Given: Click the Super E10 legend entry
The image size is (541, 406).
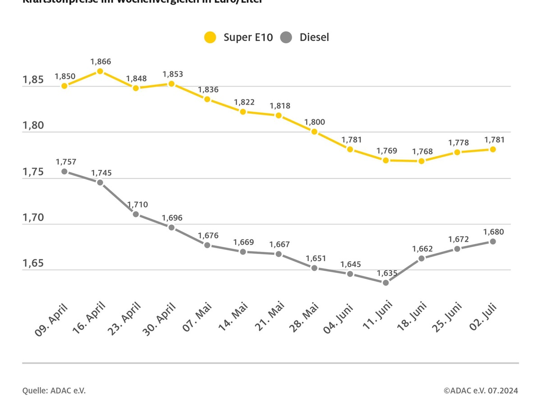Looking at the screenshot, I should click(x=239, y=37).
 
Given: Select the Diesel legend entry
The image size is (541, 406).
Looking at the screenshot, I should click(x=305, y=37).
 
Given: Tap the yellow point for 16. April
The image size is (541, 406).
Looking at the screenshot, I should click(x=100, y=71).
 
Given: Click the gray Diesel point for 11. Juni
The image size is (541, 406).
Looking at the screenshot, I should click(x=386, y=282).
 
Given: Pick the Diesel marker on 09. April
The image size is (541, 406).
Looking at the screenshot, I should click(x=64, y=171).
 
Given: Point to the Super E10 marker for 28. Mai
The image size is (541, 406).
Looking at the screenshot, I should click(x=314, y=132).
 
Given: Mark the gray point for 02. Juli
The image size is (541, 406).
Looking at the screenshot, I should click(x=493, y=241).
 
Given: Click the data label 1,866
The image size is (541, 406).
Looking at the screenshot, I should click(x=101, y=62).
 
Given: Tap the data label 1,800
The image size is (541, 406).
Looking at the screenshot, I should click(x=315, y=122).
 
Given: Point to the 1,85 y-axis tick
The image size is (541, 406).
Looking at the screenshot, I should click(x=33, y=80).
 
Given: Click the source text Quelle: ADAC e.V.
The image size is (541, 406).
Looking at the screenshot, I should click(x=54, y=391).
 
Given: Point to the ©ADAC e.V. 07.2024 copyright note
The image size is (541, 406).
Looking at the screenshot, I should click(x=481, y=391).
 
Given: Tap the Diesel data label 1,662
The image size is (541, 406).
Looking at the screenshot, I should click(x=422, y=249).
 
